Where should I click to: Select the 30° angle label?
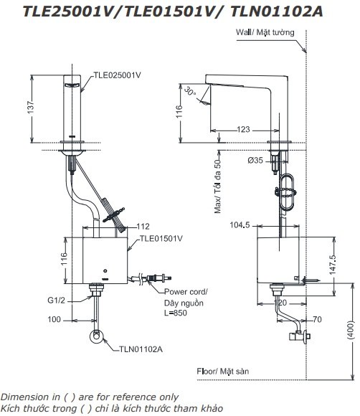pyautogui.click(x=189, y=92)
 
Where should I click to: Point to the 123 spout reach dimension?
pyautogui.click(x=243, y=129)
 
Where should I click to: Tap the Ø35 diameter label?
pyautogui.click(x=256, y=161)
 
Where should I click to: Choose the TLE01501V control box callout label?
pyautogui.click(x=162, y=238)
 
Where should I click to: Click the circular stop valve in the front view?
pyautogui.click(x=95, y=336)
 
